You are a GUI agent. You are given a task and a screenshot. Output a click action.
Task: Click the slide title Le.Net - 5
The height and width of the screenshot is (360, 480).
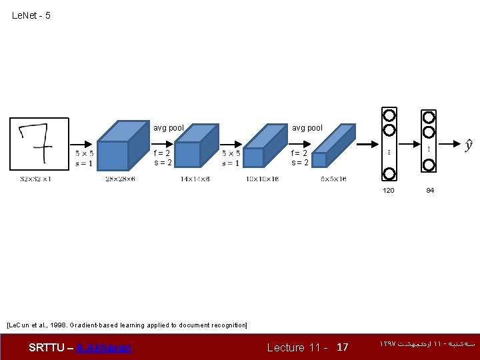pyautogui.click(x=31, y=15)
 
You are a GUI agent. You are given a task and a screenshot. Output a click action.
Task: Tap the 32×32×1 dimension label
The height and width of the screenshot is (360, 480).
pyautogui.click(x=36, y=179)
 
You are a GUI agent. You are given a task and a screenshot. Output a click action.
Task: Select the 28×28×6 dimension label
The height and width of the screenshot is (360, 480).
pyautogui.click(x=120, y=179)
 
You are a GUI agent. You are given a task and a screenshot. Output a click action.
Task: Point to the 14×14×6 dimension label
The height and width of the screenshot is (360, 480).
pyautogui.click(x=195, y=179)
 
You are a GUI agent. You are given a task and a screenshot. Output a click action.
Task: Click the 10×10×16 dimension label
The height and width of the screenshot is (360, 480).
pyautogui.click(x=262, y=179)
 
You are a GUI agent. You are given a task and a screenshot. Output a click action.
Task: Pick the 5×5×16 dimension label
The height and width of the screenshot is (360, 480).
pyautogui.click(x=333, y=179)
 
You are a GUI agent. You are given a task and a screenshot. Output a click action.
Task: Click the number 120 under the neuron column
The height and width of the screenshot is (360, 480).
pyautogui.click(x=389, y=191)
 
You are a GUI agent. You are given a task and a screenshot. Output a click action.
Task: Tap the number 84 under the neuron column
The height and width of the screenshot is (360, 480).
pyautogui.click(x=430, y=191)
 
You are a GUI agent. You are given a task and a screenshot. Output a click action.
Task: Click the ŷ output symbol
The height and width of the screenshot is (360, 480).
pyautogui.click(x=469, y=145)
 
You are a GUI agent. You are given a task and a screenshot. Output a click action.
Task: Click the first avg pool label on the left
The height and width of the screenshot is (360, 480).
pyautogui.click(x=169, y=128)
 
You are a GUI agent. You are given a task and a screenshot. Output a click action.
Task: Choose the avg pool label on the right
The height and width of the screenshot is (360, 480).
pyautogui.click(x=307, y=128)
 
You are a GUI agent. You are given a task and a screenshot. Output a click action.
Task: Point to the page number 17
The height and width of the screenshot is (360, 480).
pyautogui.click(x=343, y=347)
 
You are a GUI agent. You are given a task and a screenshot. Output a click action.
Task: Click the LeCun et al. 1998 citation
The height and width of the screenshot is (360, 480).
pyautogui.click(x=127, y=325)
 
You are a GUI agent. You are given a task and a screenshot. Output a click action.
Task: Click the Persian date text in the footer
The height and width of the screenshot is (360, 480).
pyautogui.click(x=427, y=345)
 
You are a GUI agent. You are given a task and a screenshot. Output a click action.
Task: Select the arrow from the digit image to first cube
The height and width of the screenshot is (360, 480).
pyautogui.click(x=82, y=143)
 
